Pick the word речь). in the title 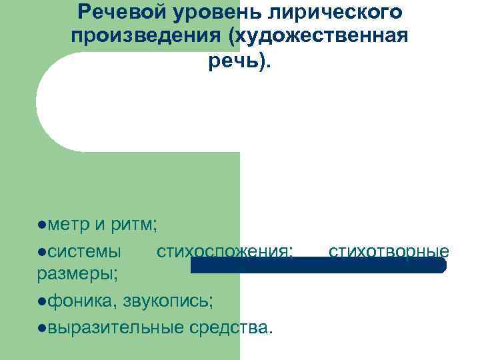[239, 62]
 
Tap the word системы [84, 251]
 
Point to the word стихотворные [389, 251]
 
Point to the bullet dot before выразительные [42, 328]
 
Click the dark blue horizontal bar [318, 265]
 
